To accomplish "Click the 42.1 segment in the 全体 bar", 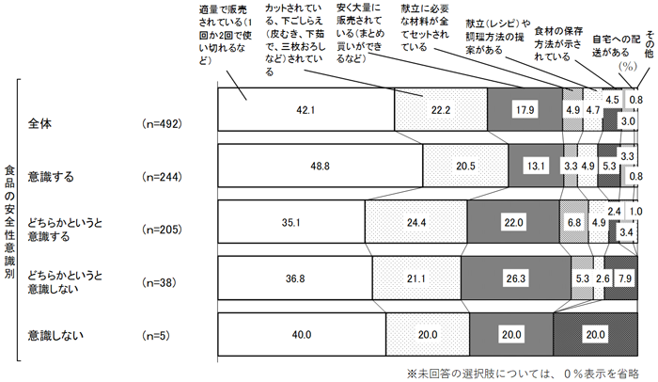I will (303, 110).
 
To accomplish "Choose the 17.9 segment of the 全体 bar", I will (525, 110).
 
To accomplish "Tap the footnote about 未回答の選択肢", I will (525, 372).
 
